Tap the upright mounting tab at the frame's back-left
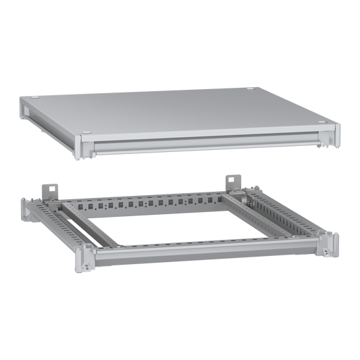pyautogui.click(x=47, y=188)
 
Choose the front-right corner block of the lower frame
pyautogui.click(x=330, y=244)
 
